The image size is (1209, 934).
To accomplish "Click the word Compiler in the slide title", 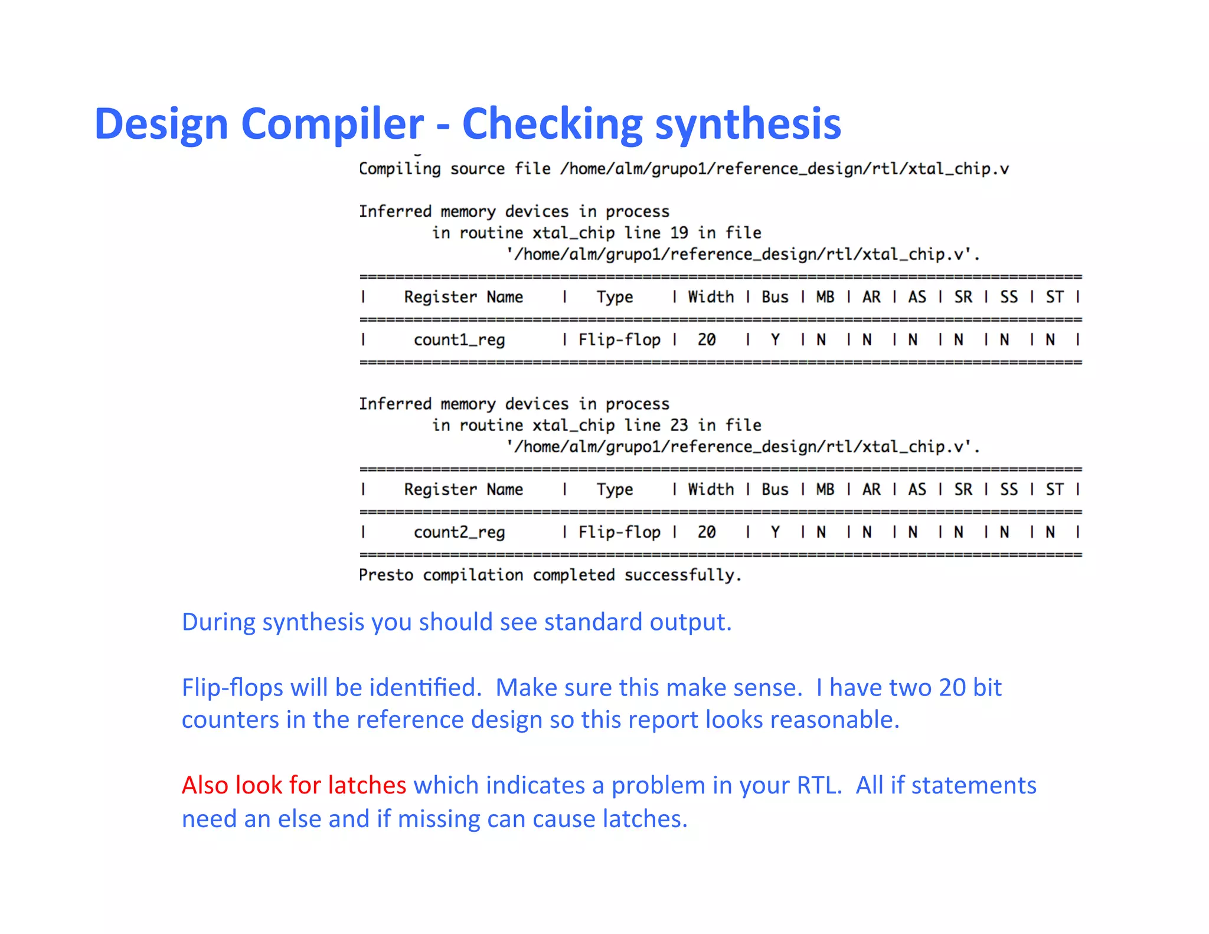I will click(332, 125).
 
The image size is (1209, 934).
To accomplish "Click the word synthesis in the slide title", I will click(748, 125).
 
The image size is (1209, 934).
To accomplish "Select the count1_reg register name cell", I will click(459, 340).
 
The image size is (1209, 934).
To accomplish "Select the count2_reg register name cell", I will click(459, 533).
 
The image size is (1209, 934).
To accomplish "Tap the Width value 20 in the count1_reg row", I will click(706, 340).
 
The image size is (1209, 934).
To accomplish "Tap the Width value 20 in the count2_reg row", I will click(706, 533).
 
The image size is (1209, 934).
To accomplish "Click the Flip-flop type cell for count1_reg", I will click(619, 340).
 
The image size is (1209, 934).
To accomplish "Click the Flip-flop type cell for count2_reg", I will click(619, 533).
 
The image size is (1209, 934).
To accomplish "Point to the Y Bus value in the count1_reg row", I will click(775, 340).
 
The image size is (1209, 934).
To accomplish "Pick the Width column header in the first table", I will click(711, 297).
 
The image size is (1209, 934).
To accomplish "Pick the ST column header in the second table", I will click(1054, 489).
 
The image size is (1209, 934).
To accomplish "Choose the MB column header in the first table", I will click(825, 297).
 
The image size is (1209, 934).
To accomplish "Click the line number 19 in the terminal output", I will click(679, 233).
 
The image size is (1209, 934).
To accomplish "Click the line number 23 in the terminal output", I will click(679, 425).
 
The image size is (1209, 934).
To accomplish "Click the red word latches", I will click(367, 785).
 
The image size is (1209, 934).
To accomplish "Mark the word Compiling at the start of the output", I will click(400, 169).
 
